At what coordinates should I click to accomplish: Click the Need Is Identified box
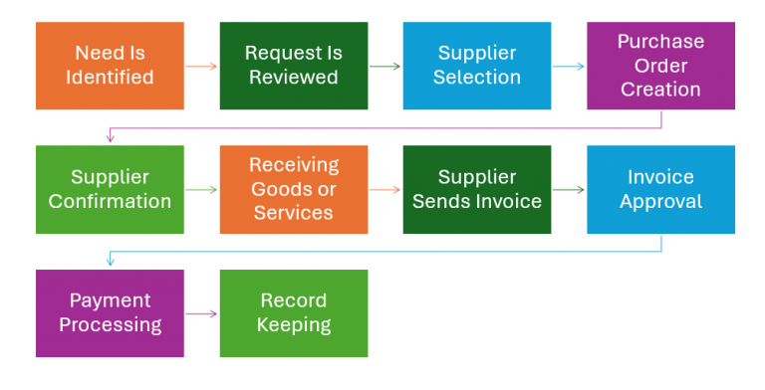pyautogui.click(x=110, y=66)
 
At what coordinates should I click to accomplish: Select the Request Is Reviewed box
pyautogui.click(x=293, y=66)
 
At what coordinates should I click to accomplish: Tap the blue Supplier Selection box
pyautogui.click(x=476, y=66)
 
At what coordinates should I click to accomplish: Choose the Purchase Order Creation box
pyautogui.click(x=660, y=66)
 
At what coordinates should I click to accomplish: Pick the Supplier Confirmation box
pyautogui.click(x=110, y=189)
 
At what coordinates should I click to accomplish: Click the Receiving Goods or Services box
pyautogui.click(x=293, y=189)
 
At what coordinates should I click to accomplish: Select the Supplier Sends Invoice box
pyautogui.click(x=476, y=189)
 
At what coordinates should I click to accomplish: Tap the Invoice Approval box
pyautogui.click(x=660, y=189)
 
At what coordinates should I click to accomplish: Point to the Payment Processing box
pyautogui.click(x=110, y=312)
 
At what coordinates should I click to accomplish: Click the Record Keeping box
pyautogui.click(x=293, y=312)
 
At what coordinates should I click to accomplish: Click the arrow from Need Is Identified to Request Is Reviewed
pyautogui.click(x=201, y=67)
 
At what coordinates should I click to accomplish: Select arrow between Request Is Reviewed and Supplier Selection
pyautogui.click(x=384, y=67)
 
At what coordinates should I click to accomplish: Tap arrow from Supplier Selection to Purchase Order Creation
pyautogui.click(x=568, y=67)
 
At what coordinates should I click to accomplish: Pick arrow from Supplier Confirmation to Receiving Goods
pyautogui.click(x=201, y=190)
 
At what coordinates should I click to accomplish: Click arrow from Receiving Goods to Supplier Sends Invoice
pyautogui.click(x=384, y=190)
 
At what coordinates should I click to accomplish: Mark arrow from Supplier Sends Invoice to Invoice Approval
pyautogui.click(x=568, y=190)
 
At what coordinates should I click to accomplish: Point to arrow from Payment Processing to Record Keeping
pyautogui.click(x=201, y=313)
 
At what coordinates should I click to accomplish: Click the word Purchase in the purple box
pyautogui.click(x=660, y=42)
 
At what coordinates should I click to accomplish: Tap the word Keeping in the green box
pyautogui.click(x=293, y=325)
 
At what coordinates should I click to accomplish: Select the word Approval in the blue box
pyautogui.click(x=660, y=202)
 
